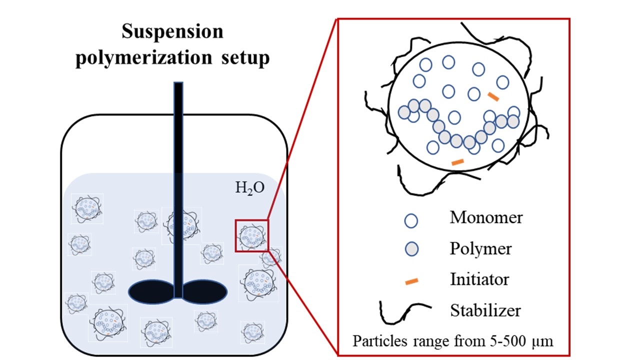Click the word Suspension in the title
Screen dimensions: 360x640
click(172, 32)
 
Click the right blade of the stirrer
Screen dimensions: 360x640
click(205, 291)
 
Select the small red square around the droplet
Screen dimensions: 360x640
click(251, 235)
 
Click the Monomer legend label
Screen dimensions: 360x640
click(486, 218)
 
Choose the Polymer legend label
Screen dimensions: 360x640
click(480, 248)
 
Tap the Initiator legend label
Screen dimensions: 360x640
click(479, 279)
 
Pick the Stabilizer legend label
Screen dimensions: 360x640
click(485, 310)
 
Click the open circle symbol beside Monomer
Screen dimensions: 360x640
click(411, 220)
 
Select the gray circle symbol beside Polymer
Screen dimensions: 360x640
click(411, 249)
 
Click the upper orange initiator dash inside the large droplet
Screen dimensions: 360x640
click(493, 96)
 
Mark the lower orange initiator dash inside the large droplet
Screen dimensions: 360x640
click(457, 161)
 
